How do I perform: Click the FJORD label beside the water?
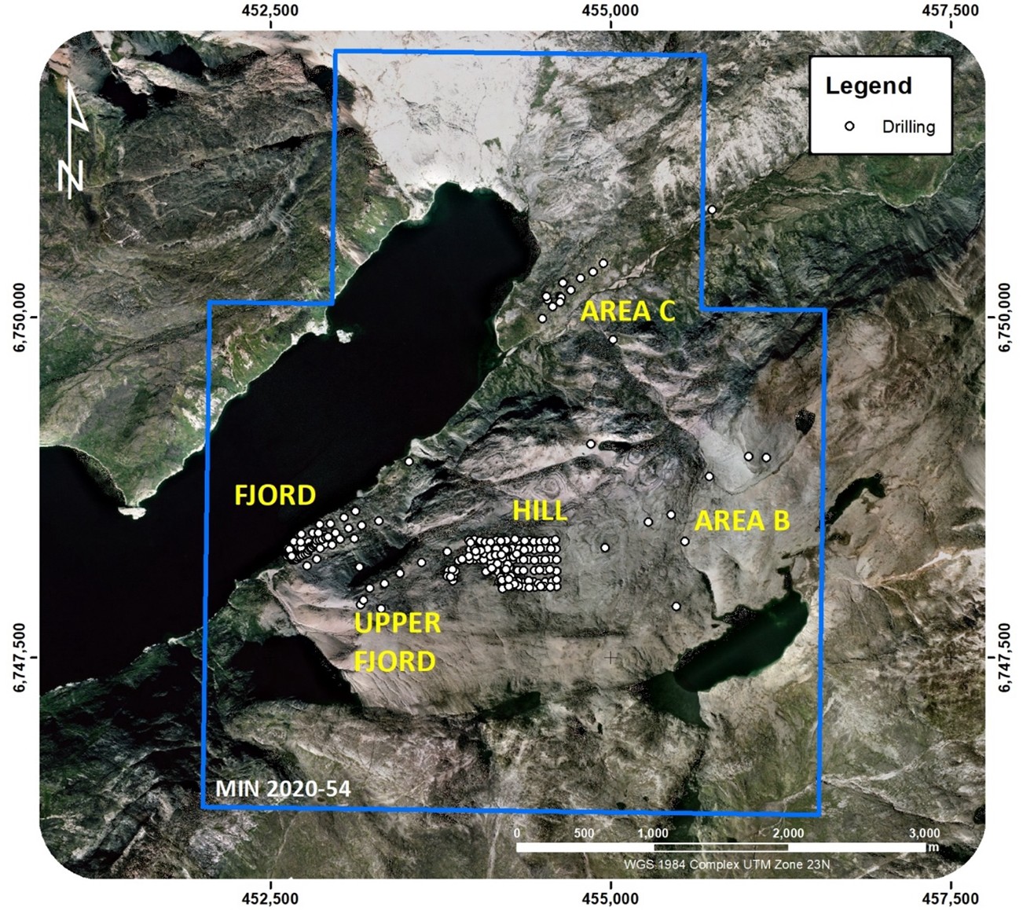coord(275,495)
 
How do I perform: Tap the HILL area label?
coord(540,511)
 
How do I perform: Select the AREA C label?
coord(628,312)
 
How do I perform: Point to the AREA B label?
coord(742,521)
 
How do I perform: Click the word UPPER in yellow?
coord(398,623)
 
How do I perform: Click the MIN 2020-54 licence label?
coord(283,788)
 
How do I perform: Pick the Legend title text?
coord(868,86)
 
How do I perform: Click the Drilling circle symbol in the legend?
coord(849,126)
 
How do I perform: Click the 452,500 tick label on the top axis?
coord(272,10)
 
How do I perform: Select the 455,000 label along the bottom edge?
coord(611,898)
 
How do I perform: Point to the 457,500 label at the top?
coord(951,10)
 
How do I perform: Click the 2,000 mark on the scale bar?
coord(788,833)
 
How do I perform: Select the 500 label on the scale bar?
coord(584,833)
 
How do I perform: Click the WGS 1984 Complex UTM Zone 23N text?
coord(727,864)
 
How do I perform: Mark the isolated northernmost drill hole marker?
coord(712,210)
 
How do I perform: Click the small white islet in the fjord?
coord(343,336)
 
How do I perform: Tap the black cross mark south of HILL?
coord(611,657)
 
